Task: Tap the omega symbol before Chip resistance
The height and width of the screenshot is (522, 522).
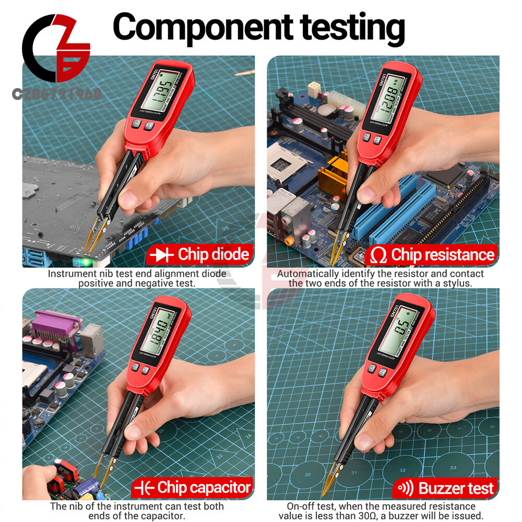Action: (x=378, y=255)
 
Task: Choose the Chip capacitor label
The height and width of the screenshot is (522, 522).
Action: (x=204, y=488)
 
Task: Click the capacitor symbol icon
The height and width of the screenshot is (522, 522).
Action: (x=144, y=488)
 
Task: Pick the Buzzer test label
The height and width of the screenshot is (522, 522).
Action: (x=456, y=488)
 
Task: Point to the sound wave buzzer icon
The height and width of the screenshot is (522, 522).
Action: (x=405, y=488)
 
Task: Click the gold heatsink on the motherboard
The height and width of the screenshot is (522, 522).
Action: (x=332, y=178)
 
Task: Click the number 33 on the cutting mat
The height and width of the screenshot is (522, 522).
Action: (x=453, y=468)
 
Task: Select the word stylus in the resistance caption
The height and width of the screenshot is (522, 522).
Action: (x=455, y=283)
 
